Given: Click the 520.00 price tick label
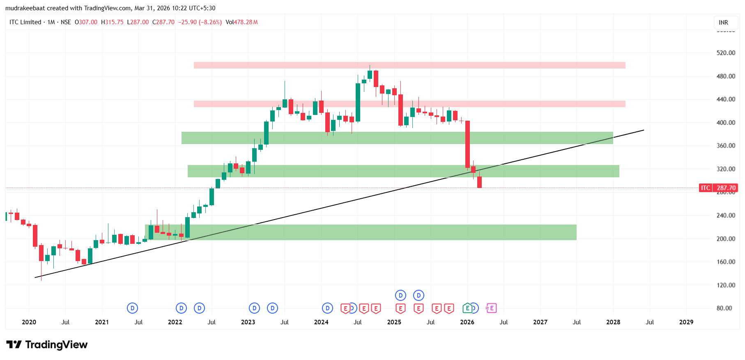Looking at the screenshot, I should click(726, 53).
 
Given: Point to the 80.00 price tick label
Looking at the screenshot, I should click(724, 308).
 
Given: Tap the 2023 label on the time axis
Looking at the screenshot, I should click(248, 322).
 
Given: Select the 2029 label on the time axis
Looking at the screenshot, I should click(686, 322).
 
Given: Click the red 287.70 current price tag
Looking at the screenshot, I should click(726, 188).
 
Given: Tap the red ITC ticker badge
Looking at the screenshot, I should click(705, 188).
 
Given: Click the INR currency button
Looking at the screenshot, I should click(723, 23).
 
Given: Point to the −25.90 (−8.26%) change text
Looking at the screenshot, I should click(200, 22).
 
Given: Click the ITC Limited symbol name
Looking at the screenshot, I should click(25, 22).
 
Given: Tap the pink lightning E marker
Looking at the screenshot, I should click(491, 308).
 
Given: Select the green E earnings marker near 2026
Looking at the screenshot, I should click(467, 308).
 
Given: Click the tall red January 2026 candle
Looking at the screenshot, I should click(467, 144).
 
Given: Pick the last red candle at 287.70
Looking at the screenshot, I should click(479, 182).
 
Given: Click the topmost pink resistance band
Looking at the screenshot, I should click(409, 65).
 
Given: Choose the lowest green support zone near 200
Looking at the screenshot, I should click(361, 232).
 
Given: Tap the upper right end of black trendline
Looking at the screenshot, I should click(643, 131).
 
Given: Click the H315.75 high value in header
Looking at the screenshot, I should click(112, 22).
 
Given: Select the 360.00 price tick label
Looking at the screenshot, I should click(726, 146).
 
